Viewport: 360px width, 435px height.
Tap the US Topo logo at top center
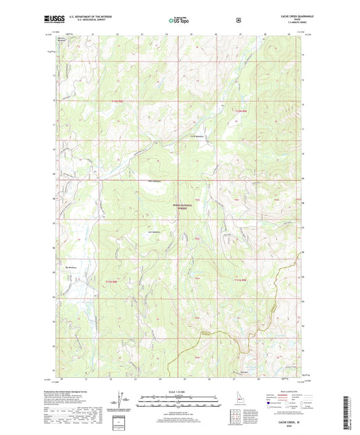[x=178, y=22]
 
